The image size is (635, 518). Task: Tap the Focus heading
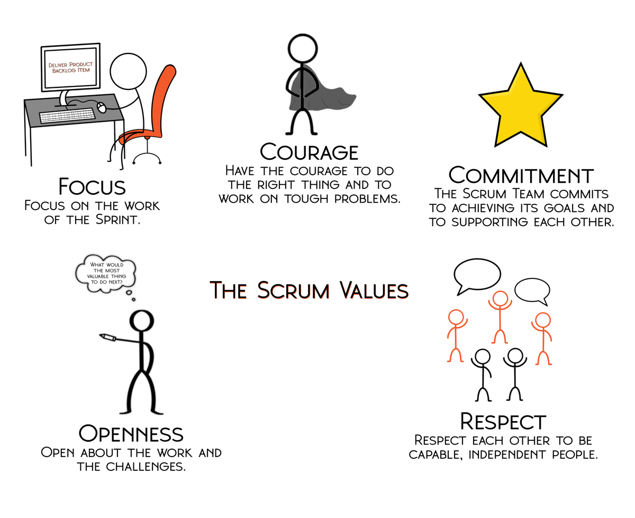[92, 187]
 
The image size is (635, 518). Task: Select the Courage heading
[309, 152]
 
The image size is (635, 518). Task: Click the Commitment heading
[521, 175]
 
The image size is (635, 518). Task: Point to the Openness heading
[131, 434]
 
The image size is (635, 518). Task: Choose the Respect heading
[503, 421]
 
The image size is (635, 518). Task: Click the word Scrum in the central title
[293, 290]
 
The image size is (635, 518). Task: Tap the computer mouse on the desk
[102, 107]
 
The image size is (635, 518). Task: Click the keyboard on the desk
[67, 115]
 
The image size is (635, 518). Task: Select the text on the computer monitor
[71, 67]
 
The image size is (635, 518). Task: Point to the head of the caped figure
[303, 49]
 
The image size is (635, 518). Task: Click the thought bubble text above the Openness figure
[106, 274]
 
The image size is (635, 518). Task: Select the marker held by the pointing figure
[107, 337]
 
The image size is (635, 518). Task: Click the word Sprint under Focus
[117, 220]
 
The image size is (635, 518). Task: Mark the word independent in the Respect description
[507, 455]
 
